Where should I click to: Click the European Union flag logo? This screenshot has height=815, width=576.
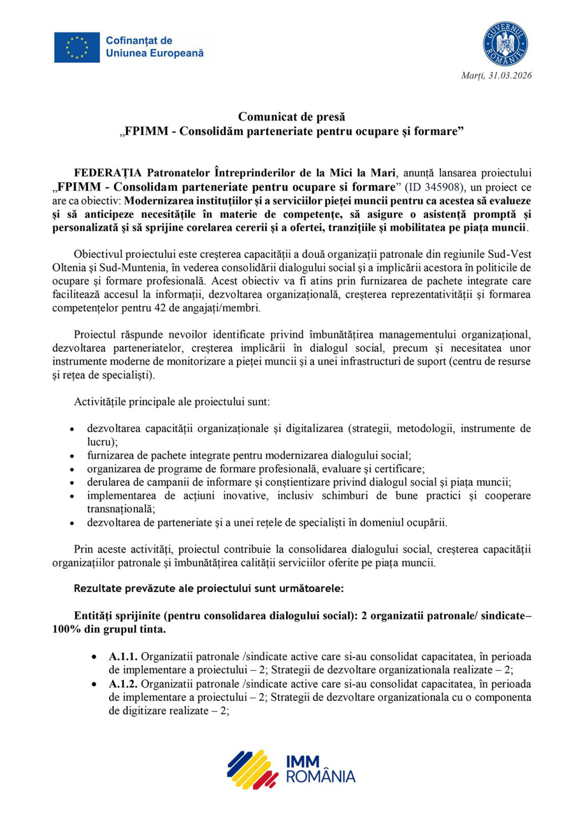pyautogui.click(x=77, y=47)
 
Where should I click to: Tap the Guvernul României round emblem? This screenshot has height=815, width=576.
pyautogui.click(x=505, y=44)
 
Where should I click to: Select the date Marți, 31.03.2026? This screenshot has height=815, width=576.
pyautogui.click(x=496, y=75)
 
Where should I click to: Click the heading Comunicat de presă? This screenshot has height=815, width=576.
pyautogui.click(x=291, y=117)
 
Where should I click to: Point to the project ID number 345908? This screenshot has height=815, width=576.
pyautogui.click(x=442, y=187)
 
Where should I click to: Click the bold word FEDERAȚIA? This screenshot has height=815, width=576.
pyautogui.click(x=108, y=173)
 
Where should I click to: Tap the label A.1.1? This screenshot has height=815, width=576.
pyautogui.click(x=123, y=657)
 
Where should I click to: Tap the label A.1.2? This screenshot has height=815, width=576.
pyautogui.click(x=123, y=684)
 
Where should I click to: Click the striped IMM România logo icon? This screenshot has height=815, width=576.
pyautogui.click(x=253, y=769)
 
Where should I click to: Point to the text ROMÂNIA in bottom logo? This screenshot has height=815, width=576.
pyautogui.click(x=320, y=777)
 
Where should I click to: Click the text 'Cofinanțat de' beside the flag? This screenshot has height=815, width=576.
pyautogui.click(x=139, y=41)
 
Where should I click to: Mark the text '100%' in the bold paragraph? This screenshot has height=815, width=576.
pyautogui.click(x=65, y=630)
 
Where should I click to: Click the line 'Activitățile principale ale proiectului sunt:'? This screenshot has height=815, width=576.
pyautogui.click(x=172, y=402)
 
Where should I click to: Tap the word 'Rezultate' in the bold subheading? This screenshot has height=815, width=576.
pyautogui.click(x=97, y=588)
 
